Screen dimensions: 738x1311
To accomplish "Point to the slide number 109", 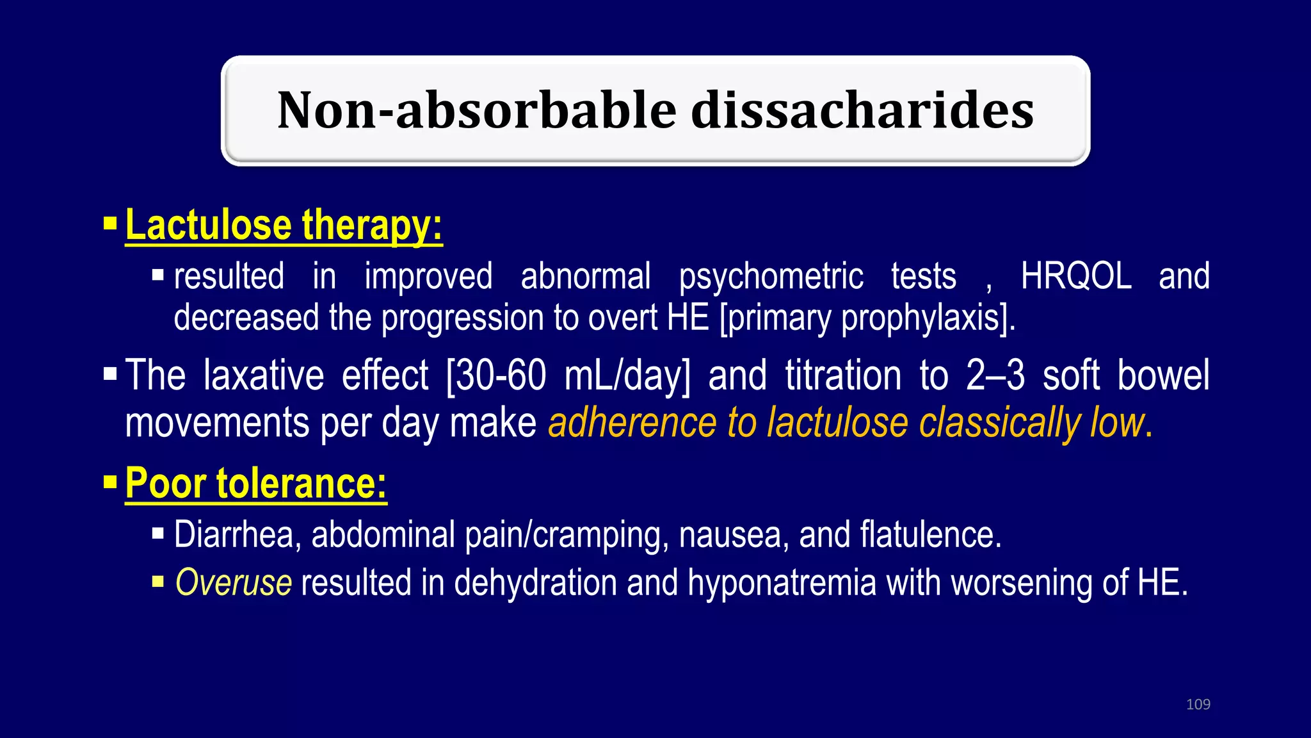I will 1198,704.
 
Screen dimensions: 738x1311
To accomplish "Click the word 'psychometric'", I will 771,277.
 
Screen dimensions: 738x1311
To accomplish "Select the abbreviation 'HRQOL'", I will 1075,276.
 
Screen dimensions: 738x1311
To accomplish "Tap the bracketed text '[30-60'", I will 496,375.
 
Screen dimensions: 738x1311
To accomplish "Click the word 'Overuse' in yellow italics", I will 234,583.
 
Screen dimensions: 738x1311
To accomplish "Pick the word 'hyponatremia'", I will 782,584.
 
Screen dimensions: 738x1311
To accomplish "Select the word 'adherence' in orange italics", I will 632,423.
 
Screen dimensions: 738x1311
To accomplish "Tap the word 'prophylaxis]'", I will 928,318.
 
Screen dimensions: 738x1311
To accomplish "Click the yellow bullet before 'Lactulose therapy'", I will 110,224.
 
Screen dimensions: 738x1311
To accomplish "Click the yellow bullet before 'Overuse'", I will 158,582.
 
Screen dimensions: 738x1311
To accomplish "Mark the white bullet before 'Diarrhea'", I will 158,533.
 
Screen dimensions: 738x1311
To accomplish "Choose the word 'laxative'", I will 264,375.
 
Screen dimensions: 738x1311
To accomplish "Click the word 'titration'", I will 843,375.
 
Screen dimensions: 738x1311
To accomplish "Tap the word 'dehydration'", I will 535,584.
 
